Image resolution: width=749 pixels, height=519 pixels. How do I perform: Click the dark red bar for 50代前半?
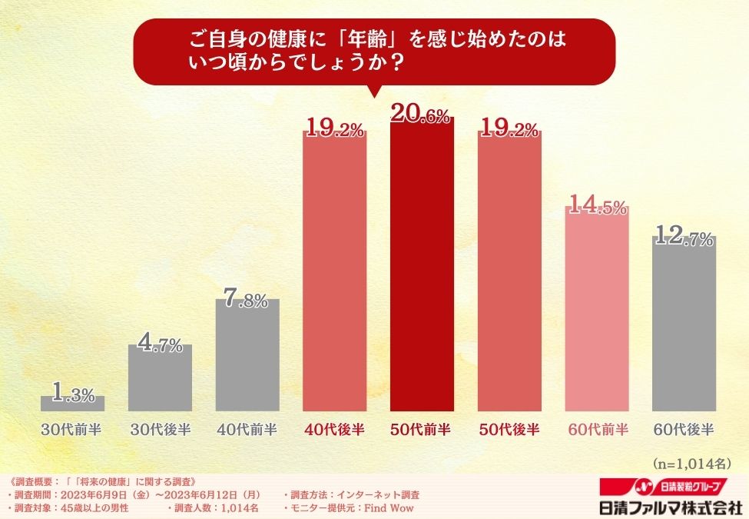422,265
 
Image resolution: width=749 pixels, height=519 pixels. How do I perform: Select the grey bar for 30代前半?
72,404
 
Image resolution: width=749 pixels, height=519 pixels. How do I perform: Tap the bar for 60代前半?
597,311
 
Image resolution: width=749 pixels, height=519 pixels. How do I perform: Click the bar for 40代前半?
247,355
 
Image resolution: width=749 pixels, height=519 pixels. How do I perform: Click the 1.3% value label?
73,395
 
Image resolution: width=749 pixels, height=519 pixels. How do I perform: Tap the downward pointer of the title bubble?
374,91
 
